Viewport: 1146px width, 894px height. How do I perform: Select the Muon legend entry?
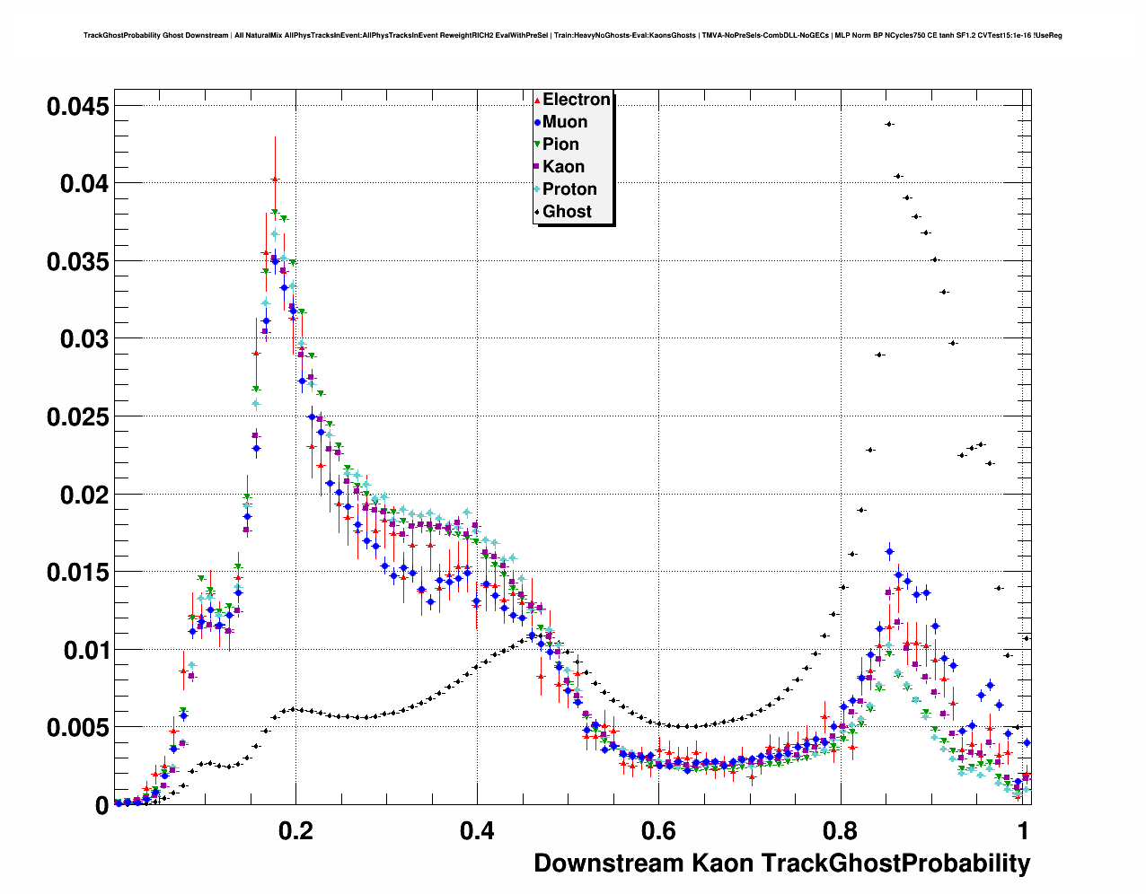(x=564, y=122)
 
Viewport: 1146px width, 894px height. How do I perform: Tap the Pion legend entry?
(x=560, y=145)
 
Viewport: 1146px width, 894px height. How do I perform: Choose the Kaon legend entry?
(x=563, y=167)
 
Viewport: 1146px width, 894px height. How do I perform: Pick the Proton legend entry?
(x=569, y=189)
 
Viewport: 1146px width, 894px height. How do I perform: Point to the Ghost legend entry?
(x=567, y=212)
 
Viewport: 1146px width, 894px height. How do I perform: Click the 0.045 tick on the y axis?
(x=78, y=107)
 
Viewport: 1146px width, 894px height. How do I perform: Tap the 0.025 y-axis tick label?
(x=78, y=417)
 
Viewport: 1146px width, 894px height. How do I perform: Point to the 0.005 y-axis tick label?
(x=78, y=728)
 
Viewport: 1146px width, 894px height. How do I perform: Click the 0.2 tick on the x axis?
(x=295, y=830)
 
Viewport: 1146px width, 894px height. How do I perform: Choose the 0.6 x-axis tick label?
(x=658, y=830)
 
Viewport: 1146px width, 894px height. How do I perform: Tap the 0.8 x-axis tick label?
(x=840, y=830)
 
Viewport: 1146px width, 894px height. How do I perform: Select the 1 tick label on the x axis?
(x=1022, y=830)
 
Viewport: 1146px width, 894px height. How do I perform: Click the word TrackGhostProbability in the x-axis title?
(x=895, y=863)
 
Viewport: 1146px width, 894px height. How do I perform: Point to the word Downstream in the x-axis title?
(x=609, y=863)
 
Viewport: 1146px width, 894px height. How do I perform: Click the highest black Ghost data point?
(x=889, y=124)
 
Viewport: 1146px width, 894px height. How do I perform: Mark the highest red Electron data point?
(x=275, y=180)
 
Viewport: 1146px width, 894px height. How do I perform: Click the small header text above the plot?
(x=572, y=36)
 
